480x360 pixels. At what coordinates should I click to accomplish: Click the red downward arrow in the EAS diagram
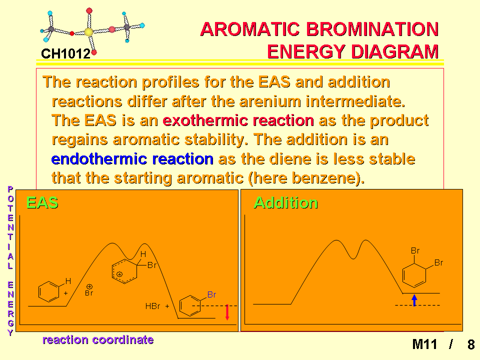point(227,312)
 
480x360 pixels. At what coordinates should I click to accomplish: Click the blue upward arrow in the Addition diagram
point(414,300)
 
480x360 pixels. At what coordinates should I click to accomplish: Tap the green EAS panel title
point(42,202)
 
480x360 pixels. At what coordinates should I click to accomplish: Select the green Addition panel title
point(286,202)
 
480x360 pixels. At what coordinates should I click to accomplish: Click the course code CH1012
point(66,54)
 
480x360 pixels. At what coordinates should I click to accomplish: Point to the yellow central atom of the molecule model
point(88,32)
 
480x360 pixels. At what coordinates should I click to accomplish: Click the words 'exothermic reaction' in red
point(238,120)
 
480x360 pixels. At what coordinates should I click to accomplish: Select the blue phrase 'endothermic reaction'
point(132,159)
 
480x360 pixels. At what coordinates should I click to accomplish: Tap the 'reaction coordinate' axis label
point(98,339)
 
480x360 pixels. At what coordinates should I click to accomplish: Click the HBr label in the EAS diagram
point(153,306)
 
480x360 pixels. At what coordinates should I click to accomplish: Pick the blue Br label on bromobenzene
point(211,294)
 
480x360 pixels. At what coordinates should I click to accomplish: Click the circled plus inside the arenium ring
point(119,274)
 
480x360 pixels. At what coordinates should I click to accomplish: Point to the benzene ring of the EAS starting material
point(48,291)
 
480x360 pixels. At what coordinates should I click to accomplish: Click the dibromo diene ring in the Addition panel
point(414,275)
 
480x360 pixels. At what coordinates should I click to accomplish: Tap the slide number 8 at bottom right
point(471,344)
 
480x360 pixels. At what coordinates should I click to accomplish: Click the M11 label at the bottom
point(424,344)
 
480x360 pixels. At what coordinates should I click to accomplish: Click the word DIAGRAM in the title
point(395,51)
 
